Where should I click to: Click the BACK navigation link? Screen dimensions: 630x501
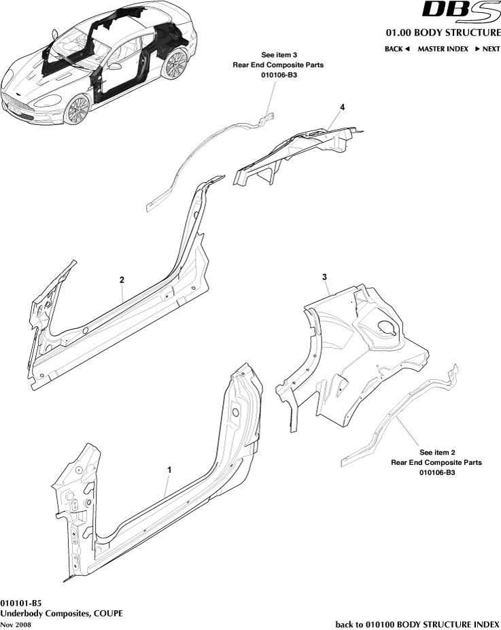coord(397,49)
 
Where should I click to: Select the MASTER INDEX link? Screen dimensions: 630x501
coord(443,49)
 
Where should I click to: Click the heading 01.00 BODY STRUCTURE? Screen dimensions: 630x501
coord(443,33)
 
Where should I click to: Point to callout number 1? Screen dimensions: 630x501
coord(169,470)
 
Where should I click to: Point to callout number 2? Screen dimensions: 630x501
coord(122,280)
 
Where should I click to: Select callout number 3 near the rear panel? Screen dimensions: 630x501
coord(325,277)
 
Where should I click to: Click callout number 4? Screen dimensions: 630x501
coord(343,108)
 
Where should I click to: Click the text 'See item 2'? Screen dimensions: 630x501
coord(436,452)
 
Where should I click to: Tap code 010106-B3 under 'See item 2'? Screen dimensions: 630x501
coord(436,472)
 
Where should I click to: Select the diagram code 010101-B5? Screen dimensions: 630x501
coord(21,603)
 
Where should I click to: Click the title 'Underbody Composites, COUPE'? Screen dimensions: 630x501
coord(61,613)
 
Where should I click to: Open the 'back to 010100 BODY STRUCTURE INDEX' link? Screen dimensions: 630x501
coord(418,624)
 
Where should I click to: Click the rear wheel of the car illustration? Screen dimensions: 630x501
coord(175,65)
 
